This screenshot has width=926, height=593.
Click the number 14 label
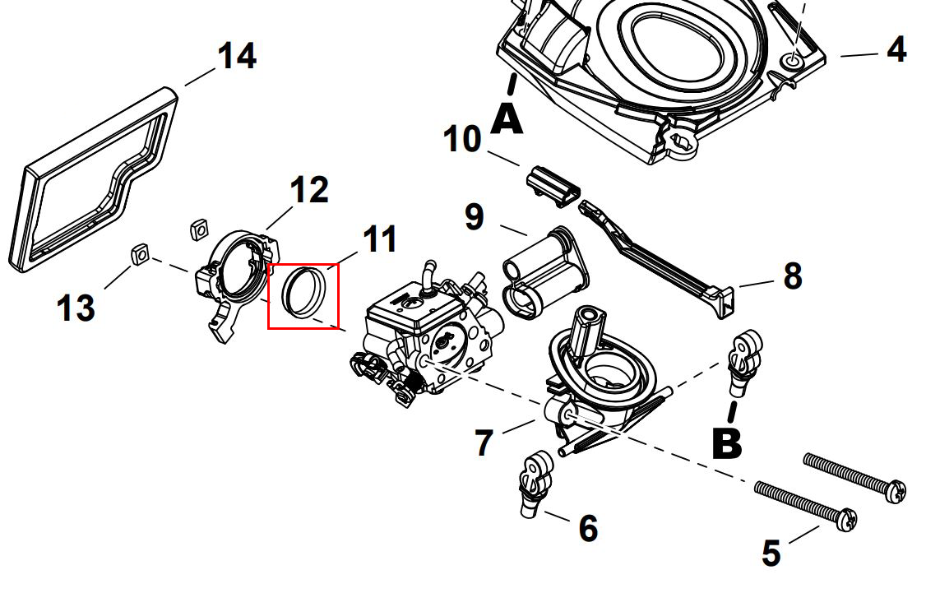click(236, 57)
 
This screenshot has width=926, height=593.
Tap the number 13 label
click(76, 308)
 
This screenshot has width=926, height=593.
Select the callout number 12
click(308, 190)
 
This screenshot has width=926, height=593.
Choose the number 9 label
click(475, 217)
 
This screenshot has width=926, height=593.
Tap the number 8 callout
click(792, 276)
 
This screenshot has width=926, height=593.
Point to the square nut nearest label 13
click(140, 257)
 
